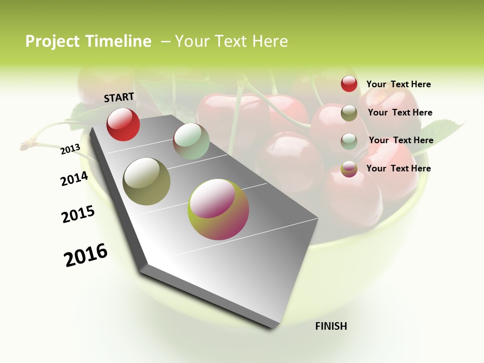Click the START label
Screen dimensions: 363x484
(x=119, y=97)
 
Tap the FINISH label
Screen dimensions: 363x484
(x=331, y=326)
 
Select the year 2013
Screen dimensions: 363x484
(x=71, y=149)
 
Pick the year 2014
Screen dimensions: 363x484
(x=74, y=178)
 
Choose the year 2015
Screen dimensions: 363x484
(x=78, y=214)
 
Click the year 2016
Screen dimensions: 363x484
(x=86, y=255)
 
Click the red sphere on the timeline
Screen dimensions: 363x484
(x=123, y=125)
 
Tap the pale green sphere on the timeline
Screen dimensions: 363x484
(x=191, y=141)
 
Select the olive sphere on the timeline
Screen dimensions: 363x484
(x=146, y=181)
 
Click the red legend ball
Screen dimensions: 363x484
(x=349, y=84)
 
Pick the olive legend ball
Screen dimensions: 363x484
(x=349, y=113)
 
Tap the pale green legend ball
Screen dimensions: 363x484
(x=349, y=141)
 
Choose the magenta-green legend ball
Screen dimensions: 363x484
(x=349, y=169)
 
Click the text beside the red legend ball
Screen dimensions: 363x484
(x=398, y=84)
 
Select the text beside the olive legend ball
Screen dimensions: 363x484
(x=400, y=112)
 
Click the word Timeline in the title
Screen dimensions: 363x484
(x=118, y=41)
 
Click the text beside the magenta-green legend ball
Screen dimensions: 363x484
(x=398, y=168)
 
